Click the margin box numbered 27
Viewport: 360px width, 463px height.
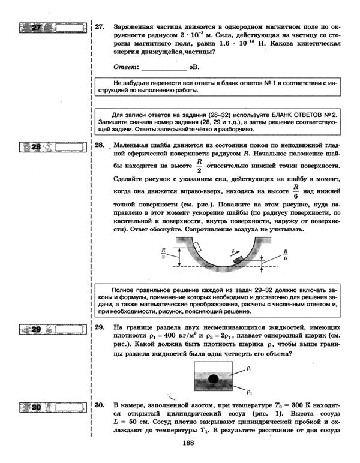(x=52, y=28)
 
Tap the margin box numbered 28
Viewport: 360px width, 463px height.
(x=52, y=146)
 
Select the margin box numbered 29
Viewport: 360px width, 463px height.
(x=52, y=329)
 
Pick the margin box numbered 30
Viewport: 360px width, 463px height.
(x=52, y=408)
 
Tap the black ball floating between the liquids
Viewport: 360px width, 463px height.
(x=212, y=378)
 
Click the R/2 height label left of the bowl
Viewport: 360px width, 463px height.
(x=163, y=254)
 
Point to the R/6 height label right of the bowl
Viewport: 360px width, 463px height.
(x=286, y=255)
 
